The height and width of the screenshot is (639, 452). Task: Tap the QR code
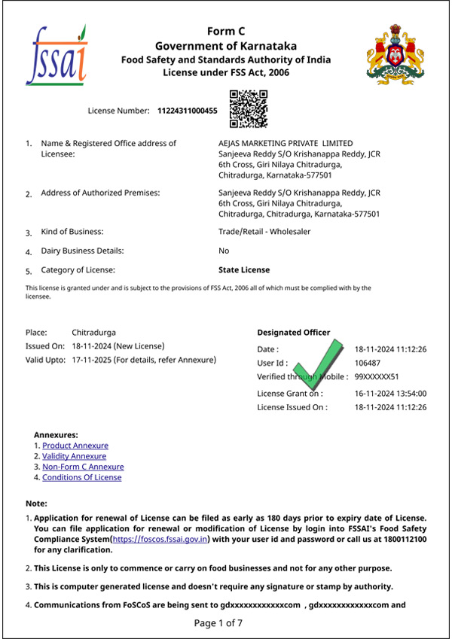[248, 108]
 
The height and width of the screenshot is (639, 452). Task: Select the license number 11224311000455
[187, 111]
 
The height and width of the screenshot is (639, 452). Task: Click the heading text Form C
[227, 31]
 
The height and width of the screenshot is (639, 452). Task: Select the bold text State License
[243, 269]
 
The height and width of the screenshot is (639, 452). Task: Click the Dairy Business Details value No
[224, 251]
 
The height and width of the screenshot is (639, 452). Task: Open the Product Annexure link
[75, 446]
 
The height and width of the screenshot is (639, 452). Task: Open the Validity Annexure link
[74, 456]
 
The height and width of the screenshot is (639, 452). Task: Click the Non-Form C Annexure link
[83, 467]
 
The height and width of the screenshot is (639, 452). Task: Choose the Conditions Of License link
[81, 477]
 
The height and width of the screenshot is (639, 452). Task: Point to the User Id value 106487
[368, 363]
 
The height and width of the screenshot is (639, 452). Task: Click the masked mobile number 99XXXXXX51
[377, 376]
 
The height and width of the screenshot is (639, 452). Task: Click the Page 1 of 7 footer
[226, 622]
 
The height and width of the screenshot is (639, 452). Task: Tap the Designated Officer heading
[293, 332]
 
